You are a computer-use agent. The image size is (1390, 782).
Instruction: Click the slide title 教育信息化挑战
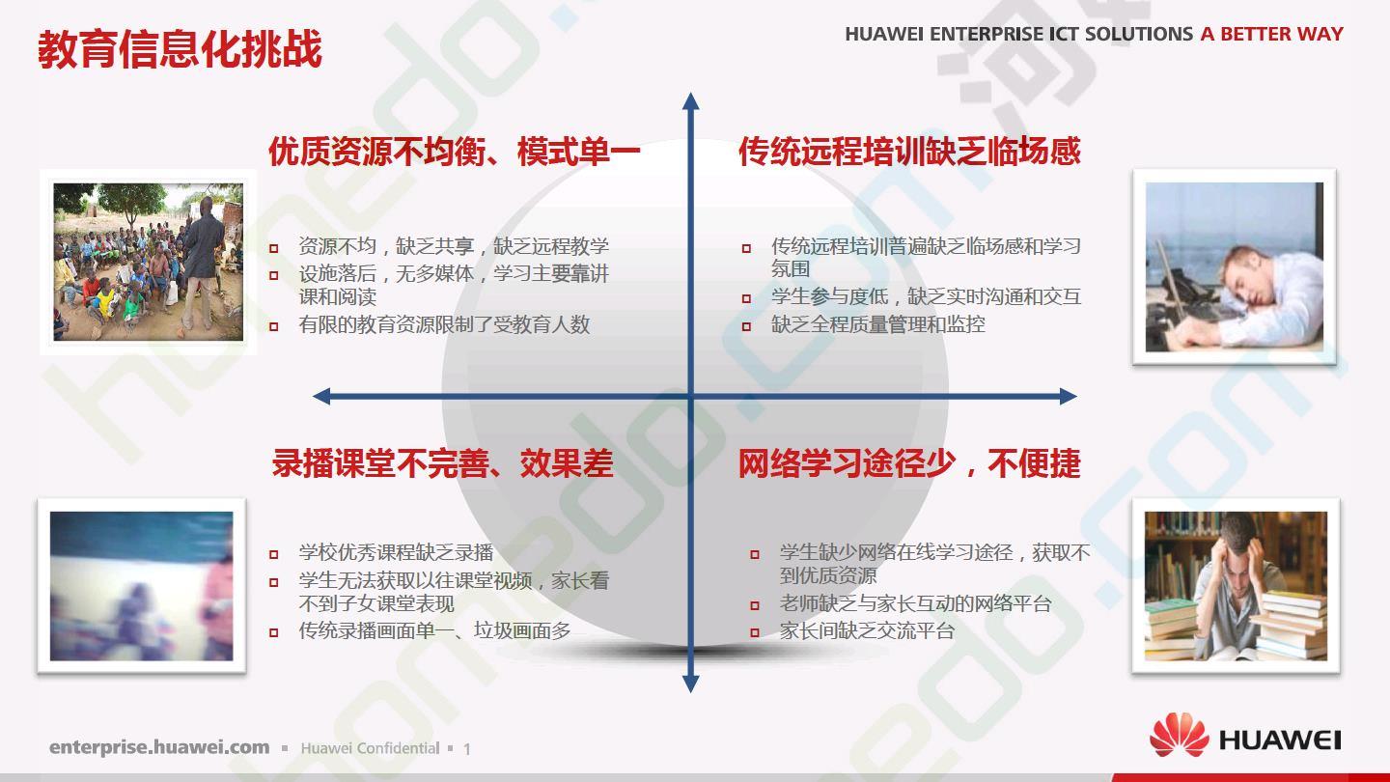click(180, 49)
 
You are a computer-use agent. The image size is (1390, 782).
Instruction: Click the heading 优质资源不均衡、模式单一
click(455, 152)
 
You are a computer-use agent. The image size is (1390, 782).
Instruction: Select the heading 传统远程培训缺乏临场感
click(909, 152)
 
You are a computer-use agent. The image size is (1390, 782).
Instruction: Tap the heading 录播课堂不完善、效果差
click(442, 463)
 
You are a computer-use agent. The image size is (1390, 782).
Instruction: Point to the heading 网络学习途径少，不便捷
click(909, 463)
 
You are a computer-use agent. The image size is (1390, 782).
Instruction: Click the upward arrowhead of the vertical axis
click(691, 101)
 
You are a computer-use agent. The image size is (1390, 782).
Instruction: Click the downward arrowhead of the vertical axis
click(691, 684)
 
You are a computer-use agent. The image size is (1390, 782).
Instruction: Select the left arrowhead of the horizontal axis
click(321, 397)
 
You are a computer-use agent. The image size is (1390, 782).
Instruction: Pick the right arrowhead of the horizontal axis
click(1068, 397)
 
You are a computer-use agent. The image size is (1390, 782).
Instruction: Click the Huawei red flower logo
click(1179, 736)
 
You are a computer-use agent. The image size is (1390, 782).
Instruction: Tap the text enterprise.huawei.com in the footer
click(159, 747)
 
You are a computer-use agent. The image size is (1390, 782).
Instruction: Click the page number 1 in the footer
click(466, 749)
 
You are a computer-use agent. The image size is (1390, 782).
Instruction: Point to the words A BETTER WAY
click(1272, 34)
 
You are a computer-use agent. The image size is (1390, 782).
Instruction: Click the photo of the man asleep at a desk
click(1235, 266)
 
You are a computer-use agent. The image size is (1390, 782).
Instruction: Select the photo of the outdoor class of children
click(149, 262)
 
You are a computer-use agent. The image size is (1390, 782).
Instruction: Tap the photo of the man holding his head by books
click(1236, 586)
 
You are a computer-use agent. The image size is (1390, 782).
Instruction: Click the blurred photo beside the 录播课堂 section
click(142, 586)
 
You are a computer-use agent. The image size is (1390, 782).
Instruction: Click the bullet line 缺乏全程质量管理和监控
click(878, 324)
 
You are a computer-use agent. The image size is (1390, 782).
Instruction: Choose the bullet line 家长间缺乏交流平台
click(867, 631)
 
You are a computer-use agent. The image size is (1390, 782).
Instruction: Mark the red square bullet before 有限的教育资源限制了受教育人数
click(274, 326)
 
